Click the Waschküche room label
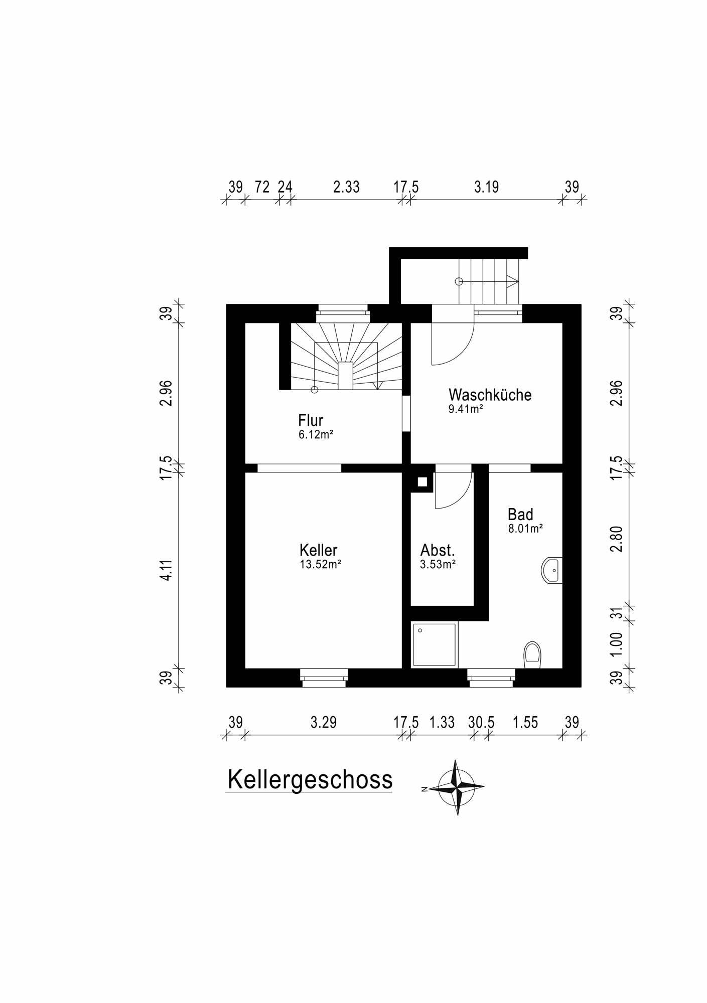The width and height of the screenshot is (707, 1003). tap(490, 395)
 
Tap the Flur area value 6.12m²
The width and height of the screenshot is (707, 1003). tap(316, 434)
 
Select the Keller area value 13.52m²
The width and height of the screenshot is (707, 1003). tap(320, 564)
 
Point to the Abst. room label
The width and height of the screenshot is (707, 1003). tap(438, 550)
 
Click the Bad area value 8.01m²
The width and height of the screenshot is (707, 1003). tap(525, 528)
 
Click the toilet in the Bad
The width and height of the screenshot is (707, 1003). tap(532, 655)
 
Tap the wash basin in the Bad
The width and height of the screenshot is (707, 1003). tap(552, 570)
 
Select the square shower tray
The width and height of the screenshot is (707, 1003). tap(434, 644)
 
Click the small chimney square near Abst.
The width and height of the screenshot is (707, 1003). tap(422, 482)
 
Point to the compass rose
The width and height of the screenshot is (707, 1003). tap(457, 787)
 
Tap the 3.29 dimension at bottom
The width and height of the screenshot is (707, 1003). tap(323, 723)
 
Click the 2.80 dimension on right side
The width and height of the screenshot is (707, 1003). tap(617, 539)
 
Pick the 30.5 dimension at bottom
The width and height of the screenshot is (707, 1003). tap(481, 723)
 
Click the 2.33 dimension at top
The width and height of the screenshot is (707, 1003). tap(346, 187)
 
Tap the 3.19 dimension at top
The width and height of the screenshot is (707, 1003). tap(486, 187)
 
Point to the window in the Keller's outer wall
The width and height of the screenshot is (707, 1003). tap(324, 678)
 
